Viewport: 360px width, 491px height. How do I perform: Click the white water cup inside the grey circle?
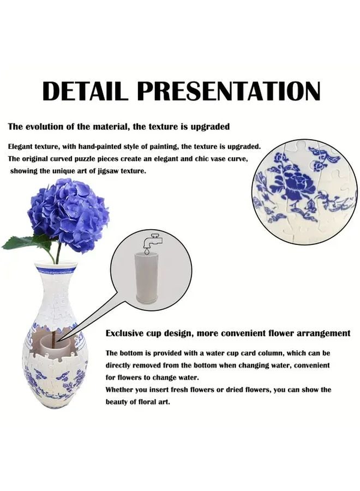pyautogui.click(x=147, y=278)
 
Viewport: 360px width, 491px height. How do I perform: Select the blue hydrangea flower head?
pyautogui.click(x=68, y=215)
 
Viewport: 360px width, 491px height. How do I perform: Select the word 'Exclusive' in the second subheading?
pyautogui.click(x=124, y=333)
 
